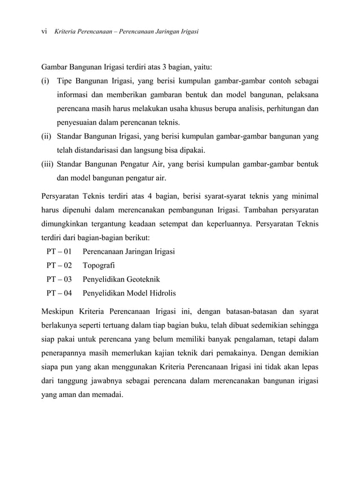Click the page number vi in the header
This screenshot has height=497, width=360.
coord(45,32)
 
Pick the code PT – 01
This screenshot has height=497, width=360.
coord(59,251)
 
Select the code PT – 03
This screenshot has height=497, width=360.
coord(59,279)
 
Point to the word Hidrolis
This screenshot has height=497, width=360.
coord(162,293)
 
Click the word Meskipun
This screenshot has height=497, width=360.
coord(59,312)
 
